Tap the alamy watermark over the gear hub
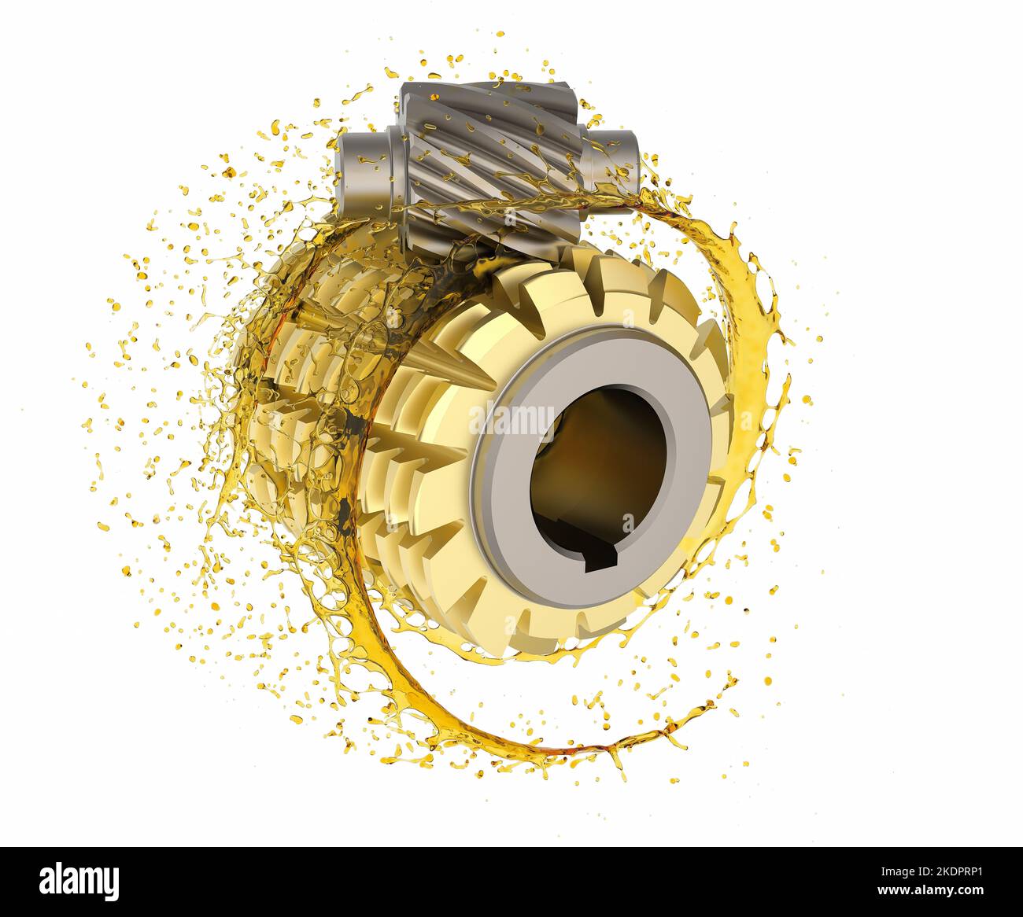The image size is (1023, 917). coord(511,418)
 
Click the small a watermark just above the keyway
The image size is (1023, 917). coord(627,524)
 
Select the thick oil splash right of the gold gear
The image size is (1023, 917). coord(755,377)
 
